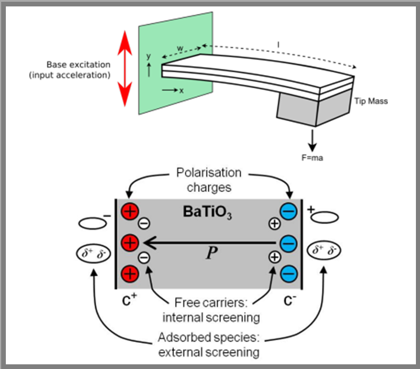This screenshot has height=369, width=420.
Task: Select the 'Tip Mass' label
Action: click(370, 101)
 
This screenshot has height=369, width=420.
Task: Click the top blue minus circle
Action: click(289, 210)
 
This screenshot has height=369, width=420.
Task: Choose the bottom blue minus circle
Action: click(289, 272)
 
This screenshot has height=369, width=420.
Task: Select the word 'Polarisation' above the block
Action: click(209, 173)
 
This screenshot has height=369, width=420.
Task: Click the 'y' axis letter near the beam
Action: click(149, 56)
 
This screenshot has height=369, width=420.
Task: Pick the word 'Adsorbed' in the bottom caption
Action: click(185, 339)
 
